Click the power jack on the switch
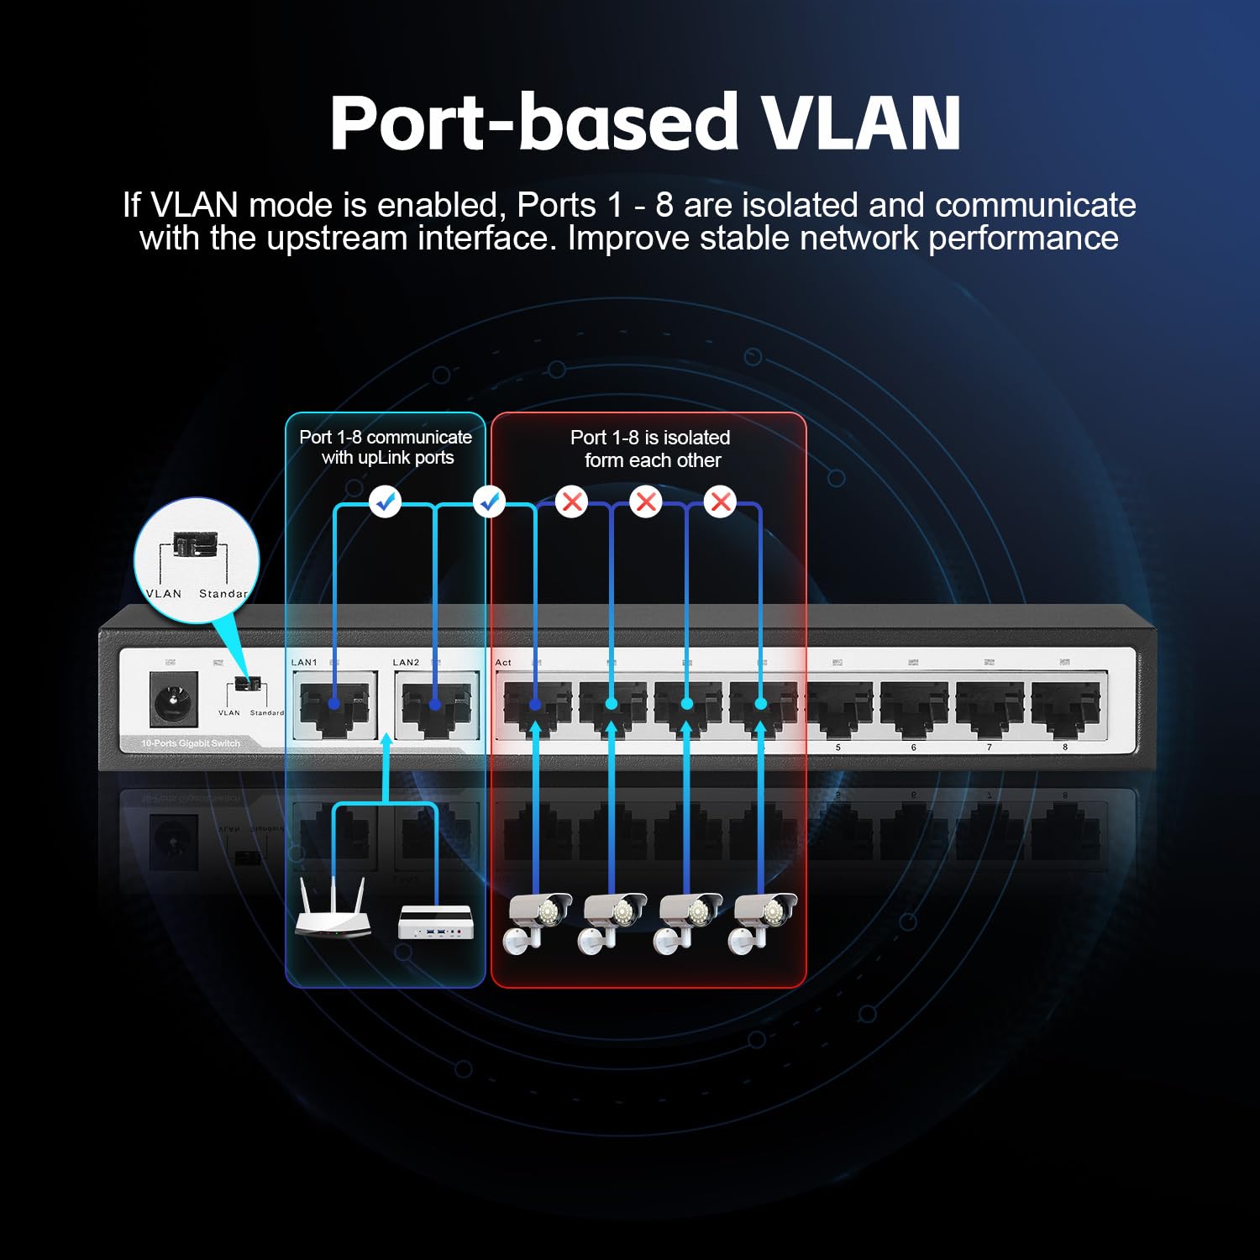point(175,699)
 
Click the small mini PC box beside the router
point(436,922)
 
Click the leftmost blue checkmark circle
point(386,502)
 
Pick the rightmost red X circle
point(720,502)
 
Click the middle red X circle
point(646,502)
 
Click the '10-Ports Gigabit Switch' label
point(191,743)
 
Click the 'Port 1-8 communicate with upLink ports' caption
point(386,448)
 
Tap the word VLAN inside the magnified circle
point(164,594)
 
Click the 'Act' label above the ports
point(503,663)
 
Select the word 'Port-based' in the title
point(534,123)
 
